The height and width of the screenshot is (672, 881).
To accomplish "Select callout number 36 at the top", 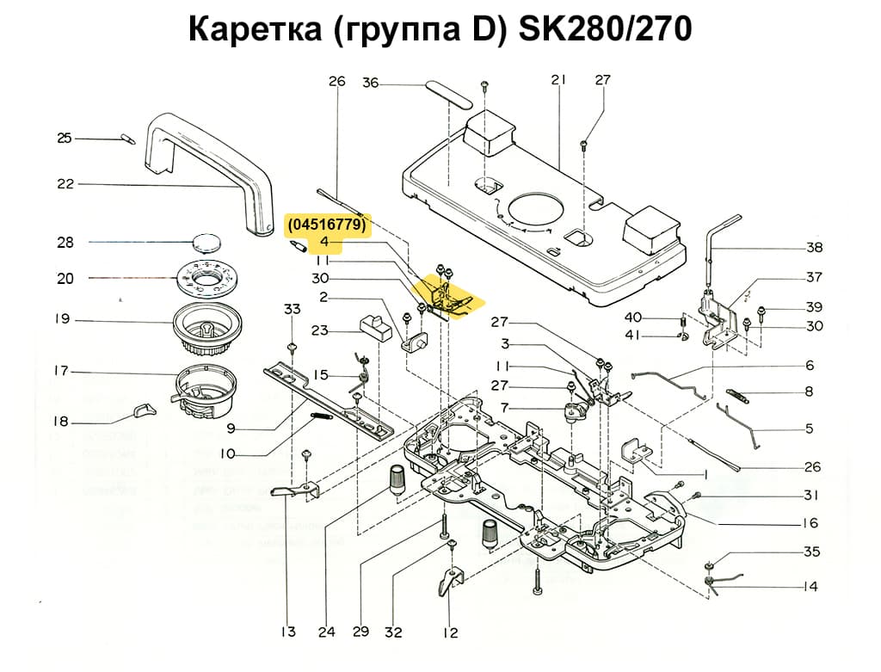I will (370, 83).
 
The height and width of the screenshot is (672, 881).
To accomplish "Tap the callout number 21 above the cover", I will (559, 80).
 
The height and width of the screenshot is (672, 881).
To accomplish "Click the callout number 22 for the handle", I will (65, 184).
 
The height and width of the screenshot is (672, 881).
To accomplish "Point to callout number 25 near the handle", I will (65, 139).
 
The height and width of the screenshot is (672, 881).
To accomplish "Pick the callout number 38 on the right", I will (814, 248).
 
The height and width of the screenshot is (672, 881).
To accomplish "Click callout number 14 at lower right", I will (810, 587).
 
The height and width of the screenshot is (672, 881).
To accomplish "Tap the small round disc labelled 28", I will (208, 241).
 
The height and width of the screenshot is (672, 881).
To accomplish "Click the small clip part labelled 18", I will (144, 411).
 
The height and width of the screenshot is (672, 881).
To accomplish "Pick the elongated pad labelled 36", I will (447, 91).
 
